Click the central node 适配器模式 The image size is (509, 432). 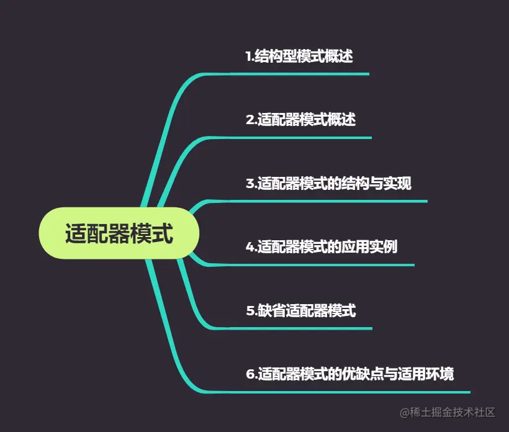point(119,233)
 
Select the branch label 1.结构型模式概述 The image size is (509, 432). point(299,56)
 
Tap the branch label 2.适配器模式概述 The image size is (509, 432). point(300,120)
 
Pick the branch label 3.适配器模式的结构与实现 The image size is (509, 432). point(328,184)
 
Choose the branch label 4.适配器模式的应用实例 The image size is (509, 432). point(322,247)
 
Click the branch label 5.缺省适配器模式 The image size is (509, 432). point(300,310)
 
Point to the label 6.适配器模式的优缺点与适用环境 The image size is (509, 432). point(349,374)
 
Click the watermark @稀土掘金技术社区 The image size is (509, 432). point(447,412)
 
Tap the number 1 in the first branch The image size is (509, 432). point(248,56)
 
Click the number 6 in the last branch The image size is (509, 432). point(250,374)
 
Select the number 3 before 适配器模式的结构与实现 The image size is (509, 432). point(250,184)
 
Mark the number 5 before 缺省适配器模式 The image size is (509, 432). point(250,310)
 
